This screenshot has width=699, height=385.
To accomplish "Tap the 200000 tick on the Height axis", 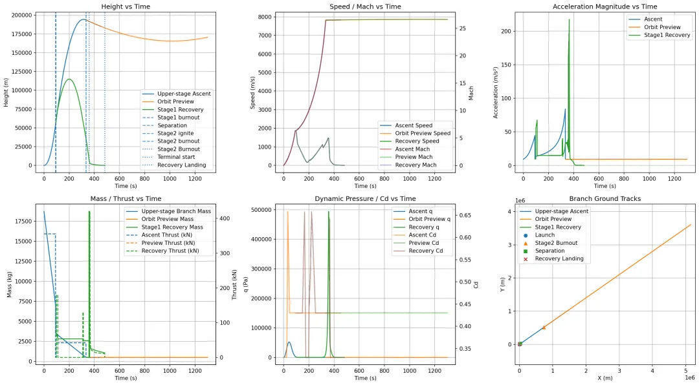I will (x=21, y=15).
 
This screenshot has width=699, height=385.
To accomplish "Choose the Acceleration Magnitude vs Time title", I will (x=596, y=6).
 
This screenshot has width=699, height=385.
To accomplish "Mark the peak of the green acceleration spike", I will (x=570, y=19).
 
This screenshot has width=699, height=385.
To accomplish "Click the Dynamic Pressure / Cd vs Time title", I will (x=366, y=199).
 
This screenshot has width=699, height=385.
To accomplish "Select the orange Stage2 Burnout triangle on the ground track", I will (x=544, y=328).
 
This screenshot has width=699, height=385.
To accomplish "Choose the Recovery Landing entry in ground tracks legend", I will (x=559, y=258).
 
